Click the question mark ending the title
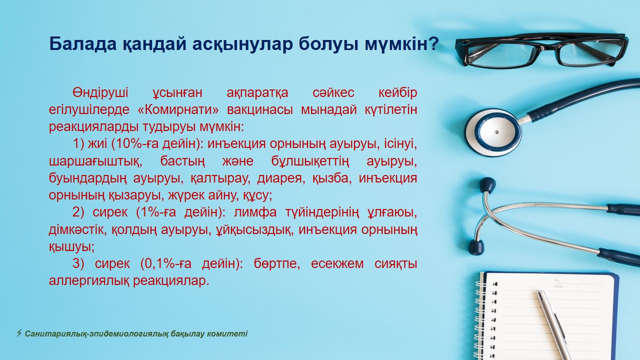pyautogui.click(x=432, y=43)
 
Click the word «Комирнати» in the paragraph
pyautogui.click(x=178, y=109)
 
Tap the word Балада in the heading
pyautogui.click(x=83, y=44)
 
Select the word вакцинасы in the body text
pyautogui.click(x=260, y=110)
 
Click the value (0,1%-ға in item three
pyautogui.click(x=165, y=263)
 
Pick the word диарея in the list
pyautogui.click(x=279, y=178)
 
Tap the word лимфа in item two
pyautogui.click(x=255, y=212)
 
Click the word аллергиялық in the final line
pyautogui.click(x=89, y=281)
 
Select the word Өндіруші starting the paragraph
pyautogui.click(x=100, y=93)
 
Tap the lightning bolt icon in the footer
pyautogui.click(x=19, y=333)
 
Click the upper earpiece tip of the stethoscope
pyautogui.click(x=487, y=184)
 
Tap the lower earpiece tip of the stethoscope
pyautogui.click(x=476, y=247)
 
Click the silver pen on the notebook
pyautogui.click(x=553, y=325)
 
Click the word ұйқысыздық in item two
pyautogui.click(x=253, y=229)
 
